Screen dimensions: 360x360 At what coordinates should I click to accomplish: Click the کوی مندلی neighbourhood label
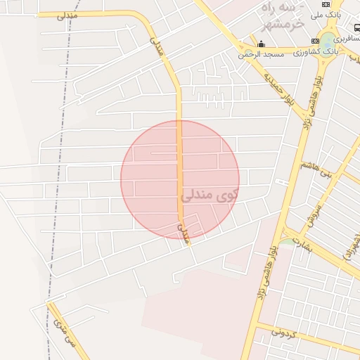tap(210, 194)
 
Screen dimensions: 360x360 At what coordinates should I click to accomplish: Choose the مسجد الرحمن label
tap(260, 54)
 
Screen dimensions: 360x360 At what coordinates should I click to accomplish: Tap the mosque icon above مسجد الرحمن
tap(261, 44)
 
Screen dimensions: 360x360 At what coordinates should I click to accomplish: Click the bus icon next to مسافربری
tap(356, 28)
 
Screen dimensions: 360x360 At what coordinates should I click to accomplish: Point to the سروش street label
tap(314, 215)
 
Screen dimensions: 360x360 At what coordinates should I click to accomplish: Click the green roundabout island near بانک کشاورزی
tap(328, 41)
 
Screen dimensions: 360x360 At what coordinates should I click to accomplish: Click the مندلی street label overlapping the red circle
tap(185, 233)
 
